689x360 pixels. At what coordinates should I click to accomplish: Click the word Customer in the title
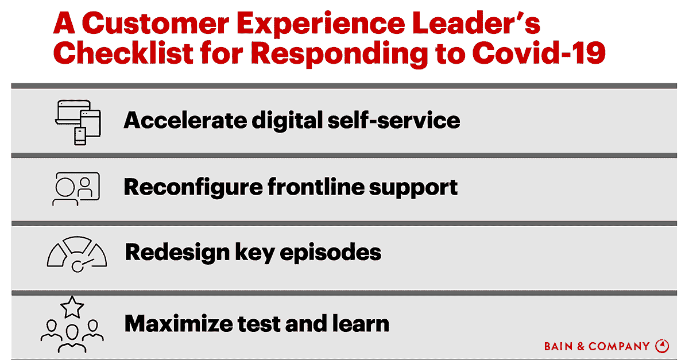point(156,24)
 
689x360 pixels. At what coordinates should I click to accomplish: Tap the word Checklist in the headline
point(123,53)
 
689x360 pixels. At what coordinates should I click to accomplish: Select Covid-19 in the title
point(539,53)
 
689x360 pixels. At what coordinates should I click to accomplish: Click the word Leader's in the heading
point(475,23)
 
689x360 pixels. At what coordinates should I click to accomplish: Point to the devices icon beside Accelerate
point(78,122)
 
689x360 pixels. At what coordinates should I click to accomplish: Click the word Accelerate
point(185,121)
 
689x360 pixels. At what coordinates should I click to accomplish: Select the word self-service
point(394,121)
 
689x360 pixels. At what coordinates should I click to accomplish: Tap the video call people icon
point(76,189)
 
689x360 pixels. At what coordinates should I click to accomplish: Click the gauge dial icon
point(77,254)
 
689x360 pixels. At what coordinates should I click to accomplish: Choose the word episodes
point(330,253)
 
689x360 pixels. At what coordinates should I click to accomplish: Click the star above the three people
point(72,307)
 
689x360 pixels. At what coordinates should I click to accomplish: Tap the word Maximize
point(179,323)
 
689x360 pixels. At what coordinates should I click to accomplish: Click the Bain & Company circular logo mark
point(662,346)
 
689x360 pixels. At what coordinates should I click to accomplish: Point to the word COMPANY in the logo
point(619,346)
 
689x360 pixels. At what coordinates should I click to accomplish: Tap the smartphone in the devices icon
point(80,136)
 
